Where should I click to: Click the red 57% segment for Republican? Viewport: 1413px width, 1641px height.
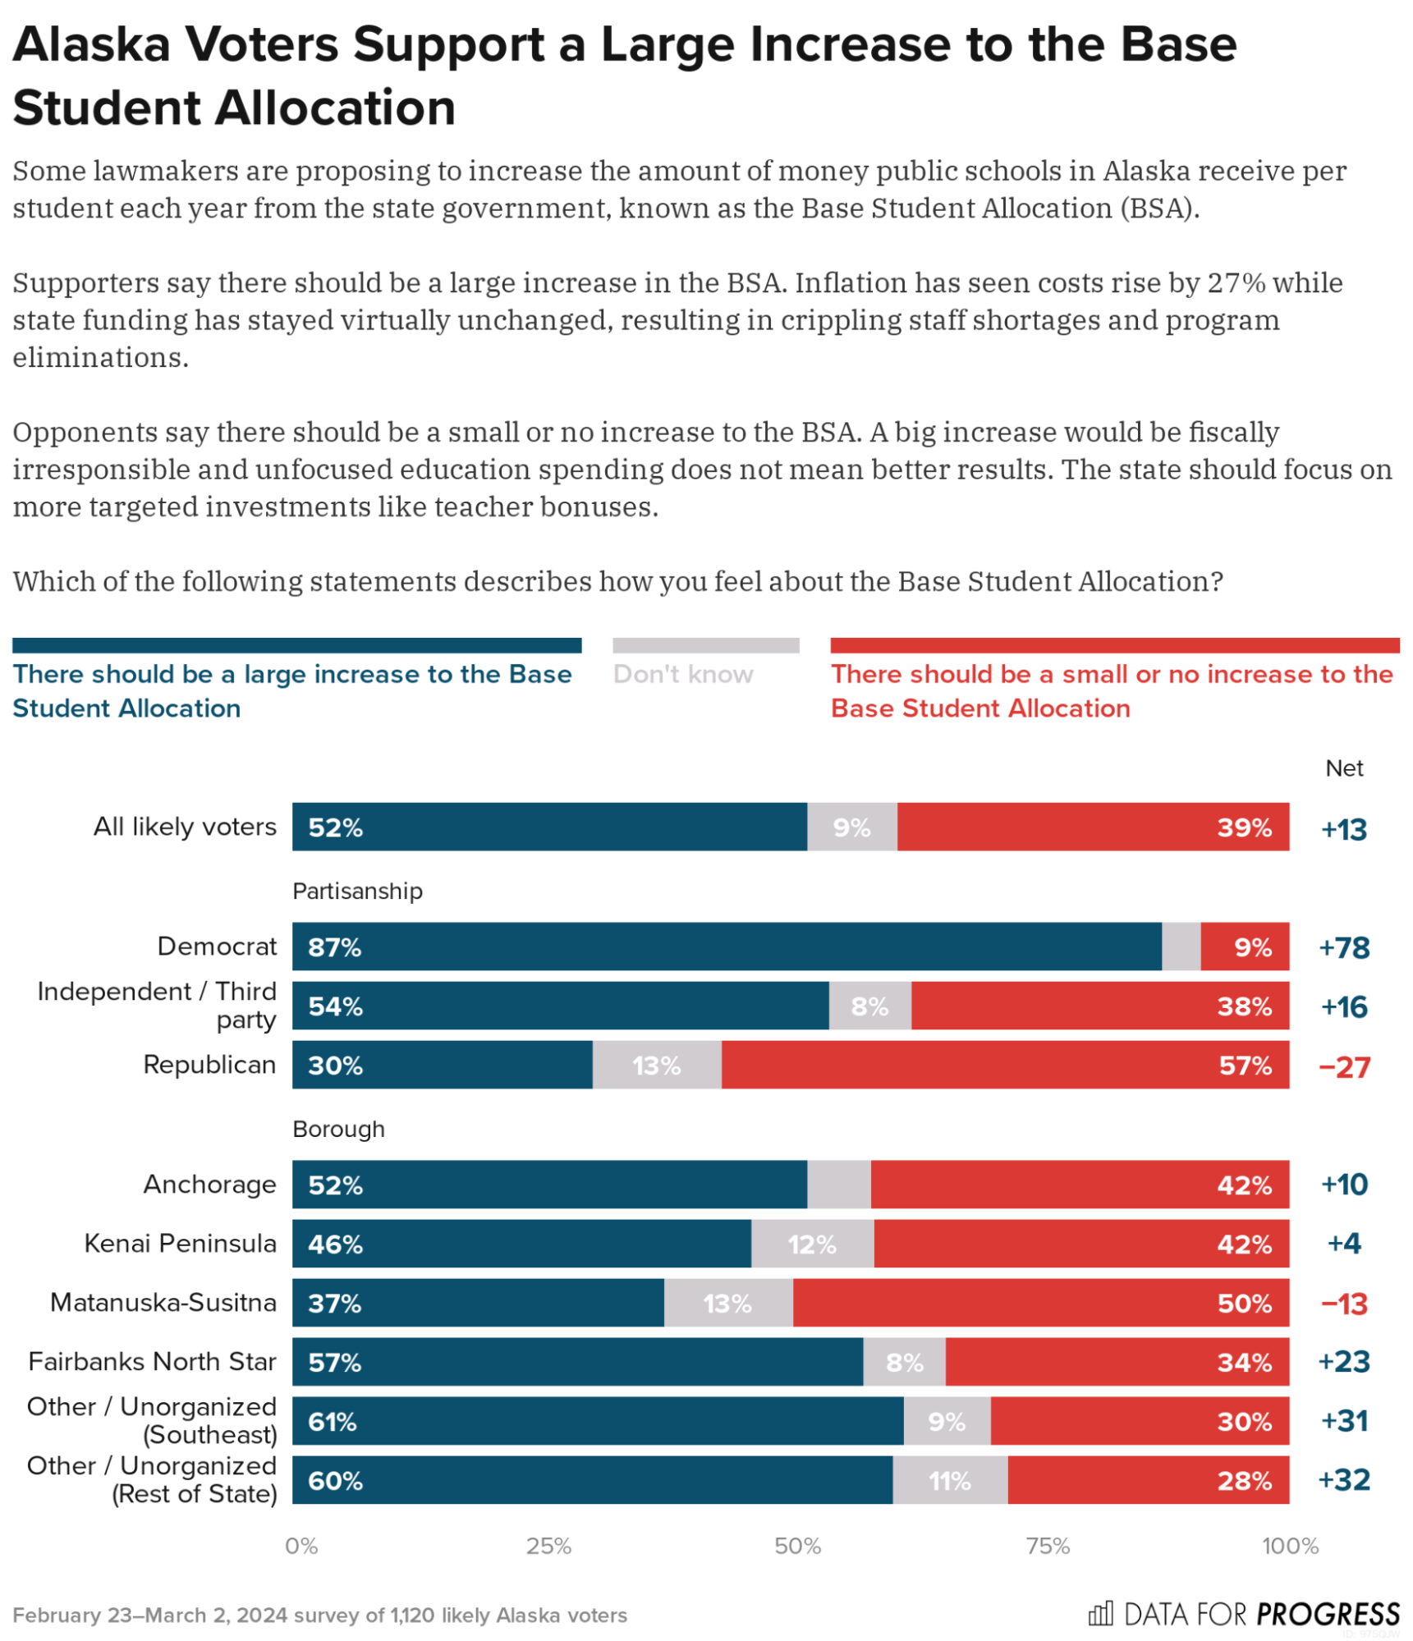[1004, 1065]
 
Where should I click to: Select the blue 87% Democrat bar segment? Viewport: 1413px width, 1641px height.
[726, 947]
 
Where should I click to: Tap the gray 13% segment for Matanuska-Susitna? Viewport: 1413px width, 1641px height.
[727, 1303]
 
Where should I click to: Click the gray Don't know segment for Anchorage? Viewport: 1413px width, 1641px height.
[837, 1184]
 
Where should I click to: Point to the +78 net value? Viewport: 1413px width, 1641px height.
[1343, 947]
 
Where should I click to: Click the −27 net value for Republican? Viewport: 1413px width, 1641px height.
[1343, 1066]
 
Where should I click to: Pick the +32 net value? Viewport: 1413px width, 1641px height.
[1343, 1480]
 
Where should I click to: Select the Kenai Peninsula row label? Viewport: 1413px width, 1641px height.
[180, 1243]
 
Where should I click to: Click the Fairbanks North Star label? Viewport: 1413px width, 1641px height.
[152, 1361]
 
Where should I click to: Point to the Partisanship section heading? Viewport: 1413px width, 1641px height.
[357, 891]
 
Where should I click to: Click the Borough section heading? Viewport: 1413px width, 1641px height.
[338, 1129]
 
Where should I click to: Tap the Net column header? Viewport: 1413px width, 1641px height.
[1343, 768]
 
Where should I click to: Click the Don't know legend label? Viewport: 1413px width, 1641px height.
[682, 674]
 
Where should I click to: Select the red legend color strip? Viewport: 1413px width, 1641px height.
[1114, 645]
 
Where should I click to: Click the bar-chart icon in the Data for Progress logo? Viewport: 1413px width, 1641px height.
[1099, 1613]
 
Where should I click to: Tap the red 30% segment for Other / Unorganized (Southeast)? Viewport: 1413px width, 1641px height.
[1139, 1421]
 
